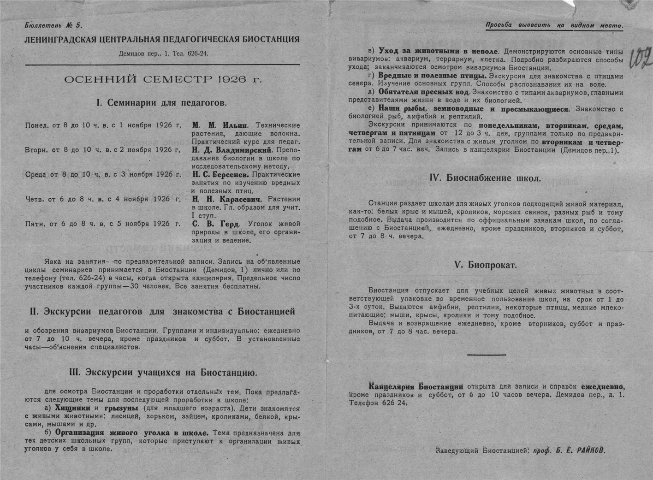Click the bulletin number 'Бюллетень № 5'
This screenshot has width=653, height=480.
pyautogui.click(x=53, y=25)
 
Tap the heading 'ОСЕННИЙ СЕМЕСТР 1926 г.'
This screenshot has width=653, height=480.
pyautogui.click(x=163, y=79)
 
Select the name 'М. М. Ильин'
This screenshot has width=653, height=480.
pyautogui.click(x=220, y=125)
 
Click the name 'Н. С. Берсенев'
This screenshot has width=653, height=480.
pyautogui.click(x=220, y=175)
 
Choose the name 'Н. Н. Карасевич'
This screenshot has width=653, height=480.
pyautogui.click(x=226, y=199)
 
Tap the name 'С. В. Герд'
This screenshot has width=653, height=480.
pyautogui.click(x=215, y=224)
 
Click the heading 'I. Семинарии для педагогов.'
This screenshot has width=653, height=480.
pyautogui.click(x=161, y=103)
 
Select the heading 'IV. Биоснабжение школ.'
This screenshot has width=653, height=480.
pyautogui.click(x=485, y=178)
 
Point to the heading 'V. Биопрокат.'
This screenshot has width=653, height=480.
pyautogui.click(x=486, y=265)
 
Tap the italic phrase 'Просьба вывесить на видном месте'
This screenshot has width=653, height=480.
pyautogui.click(x=554, y=26)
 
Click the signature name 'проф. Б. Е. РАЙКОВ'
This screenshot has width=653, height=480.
pyautogui.click(x=569, y=450)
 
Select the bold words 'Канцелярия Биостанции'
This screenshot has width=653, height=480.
pyautogui.click(x=416, y=387)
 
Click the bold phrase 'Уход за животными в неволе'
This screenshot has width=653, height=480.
pyautogui.click(x=438, y=51)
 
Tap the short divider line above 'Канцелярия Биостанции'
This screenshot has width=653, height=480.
pyautogui.click(x=486, y=355)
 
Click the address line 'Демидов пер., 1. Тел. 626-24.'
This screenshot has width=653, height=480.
pyautogui.click(x=163, y=53)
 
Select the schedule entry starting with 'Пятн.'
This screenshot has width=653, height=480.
pyautogui.click(x=103, y=224)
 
